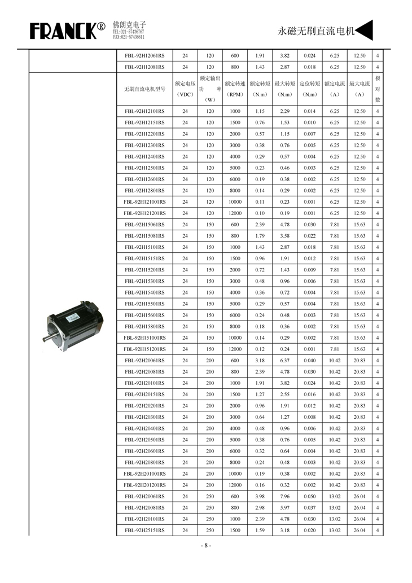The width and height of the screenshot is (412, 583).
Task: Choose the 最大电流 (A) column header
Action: (359, 89)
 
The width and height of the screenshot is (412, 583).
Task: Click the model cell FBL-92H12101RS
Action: (144, 112)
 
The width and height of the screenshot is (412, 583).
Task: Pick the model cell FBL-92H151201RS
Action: (144, 349)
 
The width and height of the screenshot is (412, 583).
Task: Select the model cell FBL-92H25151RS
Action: (144, 531)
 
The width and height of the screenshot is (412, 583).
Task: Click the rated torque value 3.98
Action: (260, 497)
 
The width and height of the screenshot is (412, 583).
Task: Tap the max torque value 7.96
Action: (285, 497)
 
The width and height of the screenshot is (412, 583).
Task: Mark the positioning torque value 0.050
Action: (309, 497)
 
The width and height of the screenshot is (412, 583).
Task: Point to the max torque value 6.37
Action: (285, 361)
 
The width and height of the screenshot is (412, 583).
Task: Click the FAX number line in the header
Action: (129, 37)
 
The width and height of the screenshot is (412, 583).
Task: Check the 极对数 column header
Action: (378, 89)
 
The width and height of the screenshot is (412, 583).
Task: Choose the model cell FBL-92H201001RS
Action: (144, 474)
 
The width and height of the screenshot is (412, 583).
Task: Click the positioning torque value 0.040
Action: (309, 361)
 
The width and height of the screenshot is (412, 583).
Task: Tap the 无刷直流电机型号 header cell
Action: (144, 89)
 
